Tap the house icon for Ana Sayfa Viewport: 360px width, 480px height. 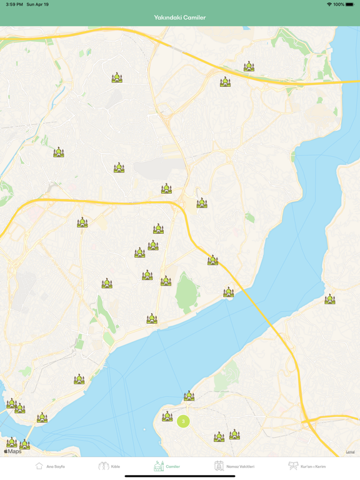click(x=39, y=466)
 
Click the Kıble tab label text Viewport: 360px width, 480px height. click(x=116, y=466)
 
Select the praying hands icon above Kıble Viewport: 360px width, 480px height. click(x=103, y=466)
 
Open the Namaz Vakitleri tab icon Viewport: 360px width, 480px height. click(x=219, y=466)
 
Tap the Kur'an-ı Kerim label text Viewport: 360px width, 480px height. click(x=314, y=466)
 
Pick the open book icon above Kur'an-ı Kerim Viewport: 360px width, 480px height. click(x=293, y=466)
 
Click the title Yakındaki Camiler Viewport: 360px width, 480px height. click(x=180, y=17)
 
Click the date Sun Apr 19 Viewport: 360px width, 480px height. click(x=39, y=4)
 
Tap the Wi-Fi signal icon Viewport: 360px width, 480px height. click(x=329, y=4)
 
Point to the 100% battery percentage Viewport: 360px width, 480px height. click(x=339, y=4)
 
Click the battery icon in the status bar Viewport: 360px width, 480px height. click(x=351, y=4)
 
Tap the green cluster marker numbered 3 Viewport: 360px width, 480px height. click(x=183, y=421)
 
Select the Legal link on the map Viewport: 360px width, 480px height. click(x=350, y=452)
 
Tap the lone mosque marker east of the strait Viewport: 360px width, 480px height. click(x=329, y=299)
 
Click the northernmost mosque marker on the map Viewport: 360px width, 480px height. click(x=249, y=66)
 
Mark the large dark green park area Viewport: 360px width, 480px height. click(x=186, y=292)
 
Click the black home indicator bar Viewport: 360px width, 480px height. click(x=180, y=476)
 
